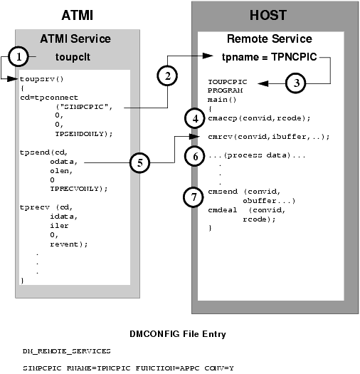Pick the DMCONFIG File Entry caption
tap(179, 333)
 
